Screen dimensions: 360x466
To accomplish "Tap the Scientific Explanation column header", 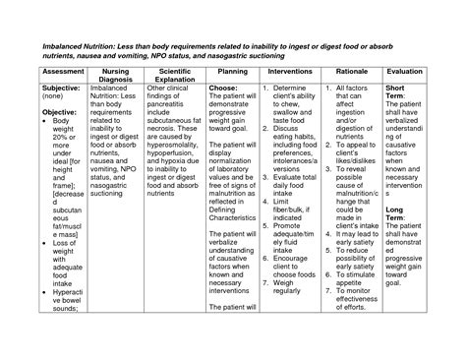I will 174,77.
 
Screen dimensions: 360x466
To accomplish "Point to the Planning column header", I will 233,72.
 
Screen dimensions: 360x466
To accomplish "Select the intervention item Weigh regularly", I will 297,289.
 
